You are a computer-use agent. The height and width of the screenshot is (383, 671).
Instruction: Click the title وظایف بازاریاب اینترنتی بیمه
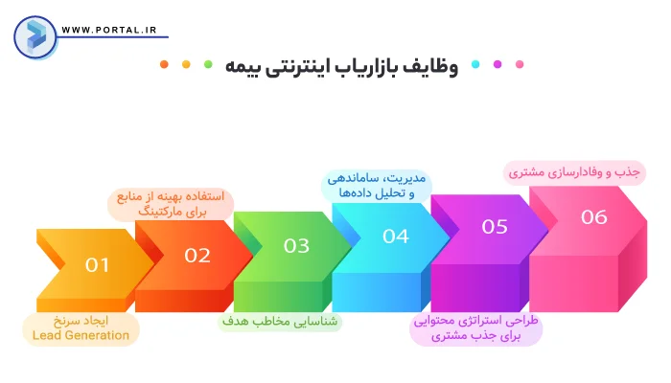(342, 66)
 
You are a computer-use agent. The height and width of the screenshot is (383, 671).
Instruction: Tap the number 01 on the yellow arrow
(97, 265)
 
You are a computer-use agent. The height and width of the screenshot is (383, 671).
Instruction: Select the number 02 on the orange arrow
(197, 256)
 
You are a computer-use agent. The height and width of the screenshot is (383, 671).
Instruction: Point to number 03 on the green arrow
(296, 246)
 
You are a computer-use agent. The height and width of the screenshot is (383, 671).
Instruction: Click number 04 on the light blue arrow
(396, 237)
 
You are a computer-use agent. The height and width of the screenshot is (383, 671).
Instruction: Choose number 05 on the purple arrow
(495, 227)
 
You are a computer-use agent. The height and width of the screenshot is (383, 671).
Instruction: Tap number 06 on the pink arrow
(594, 217)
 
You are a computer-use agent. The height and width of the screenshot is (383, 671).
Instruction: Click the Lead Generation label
(81, 328)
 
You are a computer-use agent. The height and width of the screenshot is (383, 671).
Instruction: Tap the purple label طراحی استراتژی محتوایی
(476, 328)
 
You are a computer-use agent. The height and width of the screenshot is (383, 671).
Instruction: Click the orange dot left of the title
(164, 65)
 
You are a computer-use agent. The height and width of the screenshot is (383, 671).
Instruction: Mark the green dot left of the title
(209, 65)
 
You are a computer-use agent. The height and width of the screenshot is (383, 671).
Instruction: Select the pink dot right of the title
(520, 65)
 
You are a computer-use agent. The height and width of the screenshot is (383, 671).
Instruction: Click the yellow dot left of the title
(186, 65)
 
